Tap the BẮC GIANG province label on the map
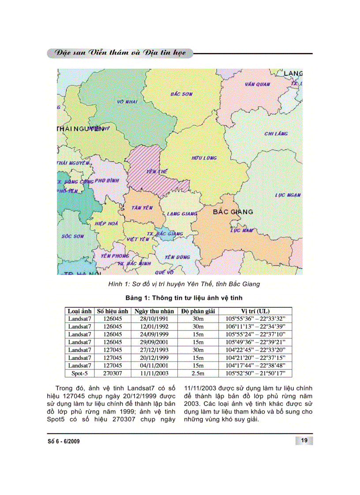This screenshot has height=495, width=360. (x=233, y=212)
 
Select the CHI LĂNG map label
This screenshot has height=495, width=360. (x=276, y=134)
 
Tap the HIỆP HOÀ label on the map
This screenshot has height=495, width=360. (x=106, y=224)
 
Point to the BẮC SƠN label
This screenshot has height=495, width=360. (x=181, y=94)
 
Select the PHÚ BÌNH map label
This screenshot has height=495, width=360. (x=107, y=180)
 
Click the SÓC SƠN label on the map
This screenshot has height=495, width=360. (x=72, y=236)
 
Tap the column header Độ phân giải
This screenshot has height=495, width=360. (x=198, y=311)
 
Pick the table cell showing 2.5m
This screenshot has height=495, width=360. (x=198, y=373)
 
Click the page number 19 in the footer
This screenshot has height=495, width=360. (x=304, y=441)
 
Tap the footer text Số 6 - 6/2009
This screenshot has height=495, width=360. (x=64, y=441)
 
